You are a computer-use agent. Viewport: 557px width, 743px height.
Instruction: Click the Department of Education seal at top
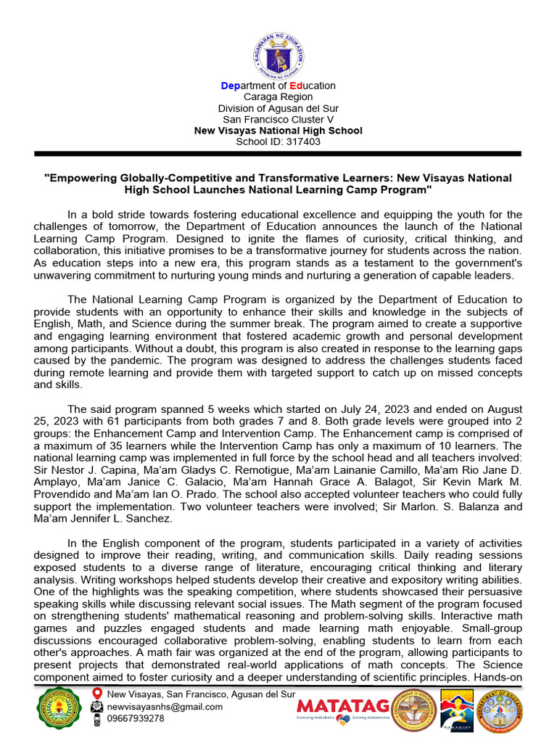click(x=278, y=52)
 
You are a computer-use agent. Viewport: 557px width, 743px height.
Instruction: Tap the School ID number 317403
click(x=303, y=141)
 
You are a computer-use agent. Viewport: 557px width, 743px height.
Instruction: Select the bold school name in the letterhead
click(x=278, y=131)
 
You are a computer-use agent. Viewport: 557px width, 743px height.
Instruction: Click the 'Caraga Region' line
click(x=278, y=97)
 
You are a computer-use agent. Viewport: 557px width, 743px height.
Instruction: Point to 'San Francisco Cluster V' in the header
click(x=278, y=119)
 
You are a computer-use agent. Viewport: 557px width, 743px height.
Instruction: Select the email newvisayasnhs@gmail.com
click(x=165, y=707)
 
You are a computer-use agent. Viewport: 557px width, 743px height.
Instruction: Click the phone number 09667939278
click(x=136, y=718)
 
